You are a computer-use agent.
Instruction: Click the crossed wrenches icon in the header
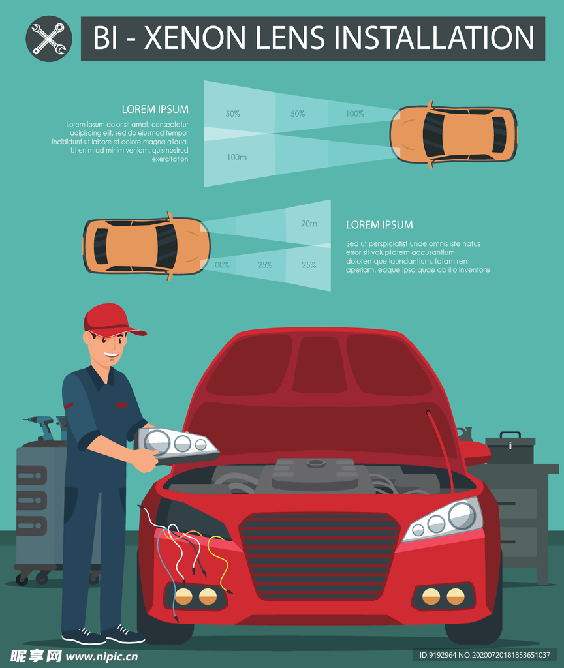49,38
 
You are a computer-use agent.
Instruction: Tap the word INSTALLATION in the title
434,38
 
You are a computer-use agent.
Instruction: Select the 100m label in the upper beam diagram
237,157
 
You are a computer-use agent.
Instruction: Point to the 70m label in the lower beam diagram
309,224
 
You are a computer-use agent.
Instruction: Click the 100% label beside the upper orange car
354,114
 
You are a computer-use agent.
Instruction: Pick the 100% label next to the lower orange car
220,265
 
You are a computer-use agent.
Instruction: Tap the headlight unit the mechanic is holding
180,444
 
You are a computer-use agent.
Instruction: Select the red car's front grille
320,554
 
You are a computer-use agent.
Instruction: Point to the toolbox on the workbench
510,449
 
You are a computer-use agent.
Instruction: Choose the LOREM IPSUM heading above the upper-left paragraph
155,109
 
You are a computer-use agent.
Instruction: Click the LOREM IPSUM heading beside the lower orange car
379,224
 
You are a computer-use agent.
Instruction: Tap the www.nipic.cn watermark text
102,656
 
